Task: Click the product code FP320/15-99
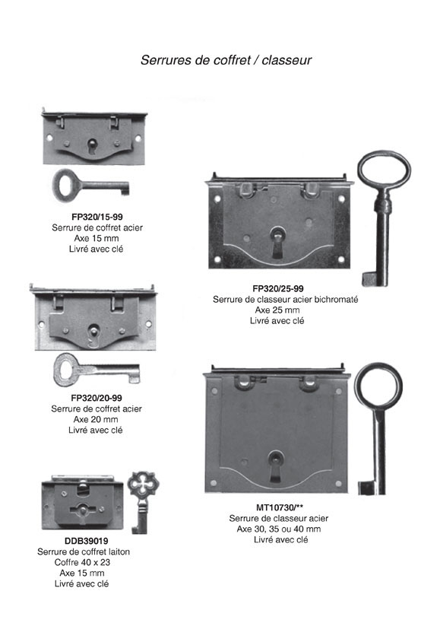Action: [97, 217]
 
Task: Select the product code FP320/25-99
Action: [278, 289]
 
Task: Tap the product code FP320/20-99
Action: [97, 398]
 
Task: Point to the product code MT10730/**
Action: [280, 507]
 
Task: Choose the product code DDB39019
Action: [86, 541]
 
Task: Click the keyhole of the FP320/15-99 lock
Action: [93, 146]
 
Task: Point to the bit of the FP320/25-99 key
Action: [369, 279]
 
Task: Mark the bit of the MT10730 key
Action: [366, 488]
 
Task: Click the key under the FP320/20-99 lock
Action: [97, 370]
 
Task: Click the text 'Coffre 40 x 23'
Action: [83, 562]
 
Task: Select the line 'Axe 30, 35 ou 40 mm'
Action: [279, 529]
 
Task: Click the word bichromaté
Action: [336, 299]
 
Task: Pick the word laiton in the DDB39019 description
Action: [119, 551]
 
